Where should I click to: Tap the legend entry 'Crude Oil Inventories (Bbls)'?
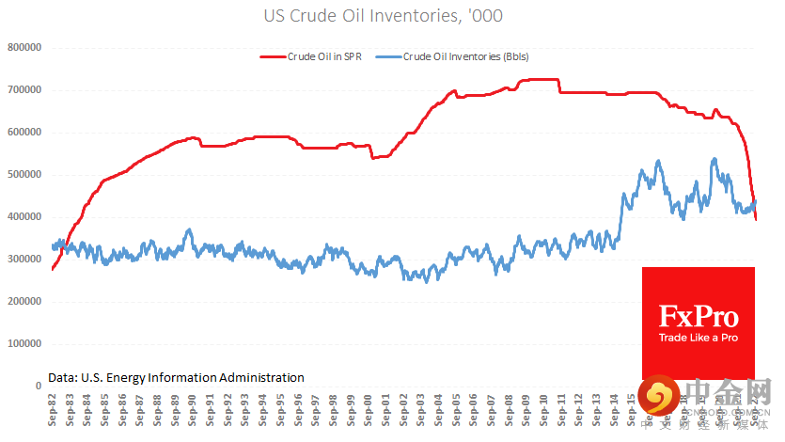click(465, 56)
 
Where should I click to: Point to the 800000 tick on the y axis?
click(24, 47)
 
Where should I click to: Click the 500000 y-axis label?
click(24, 174)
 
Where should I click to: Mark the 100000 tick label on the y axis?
click(24, 343)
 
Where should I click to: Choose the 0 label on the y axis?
click(37, 386)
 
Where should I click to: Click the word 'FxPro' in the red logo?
click(699, 315)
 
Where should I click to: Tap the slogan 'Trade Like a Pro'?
click(699, 338)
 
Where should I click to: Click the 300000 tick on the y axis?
click(24, 259)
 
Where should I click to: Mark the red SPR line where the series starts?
click(53, 269)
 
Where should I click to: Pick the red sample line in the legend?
click(273, 56)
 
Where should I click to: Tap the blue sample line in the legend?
click(387, 56)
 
